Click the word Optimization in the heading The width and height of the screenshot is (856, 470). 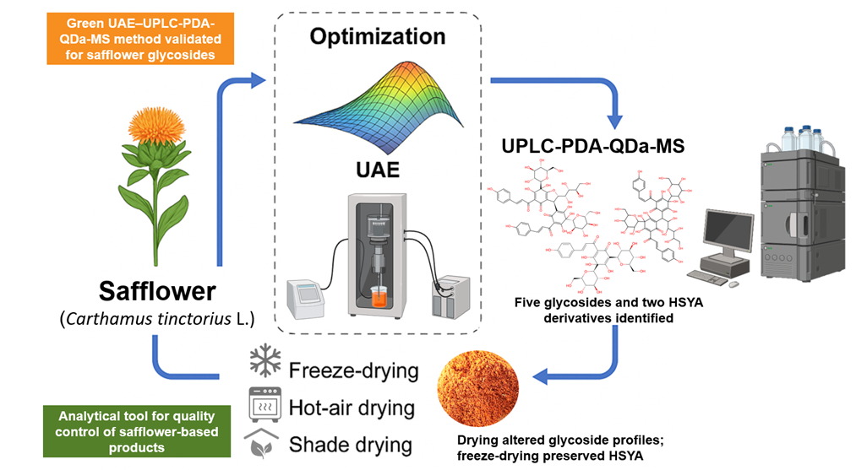377,36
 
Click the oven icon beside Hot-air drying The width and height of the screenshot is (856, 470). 264,404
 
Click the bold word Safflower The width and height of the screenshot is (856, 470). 157,293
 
